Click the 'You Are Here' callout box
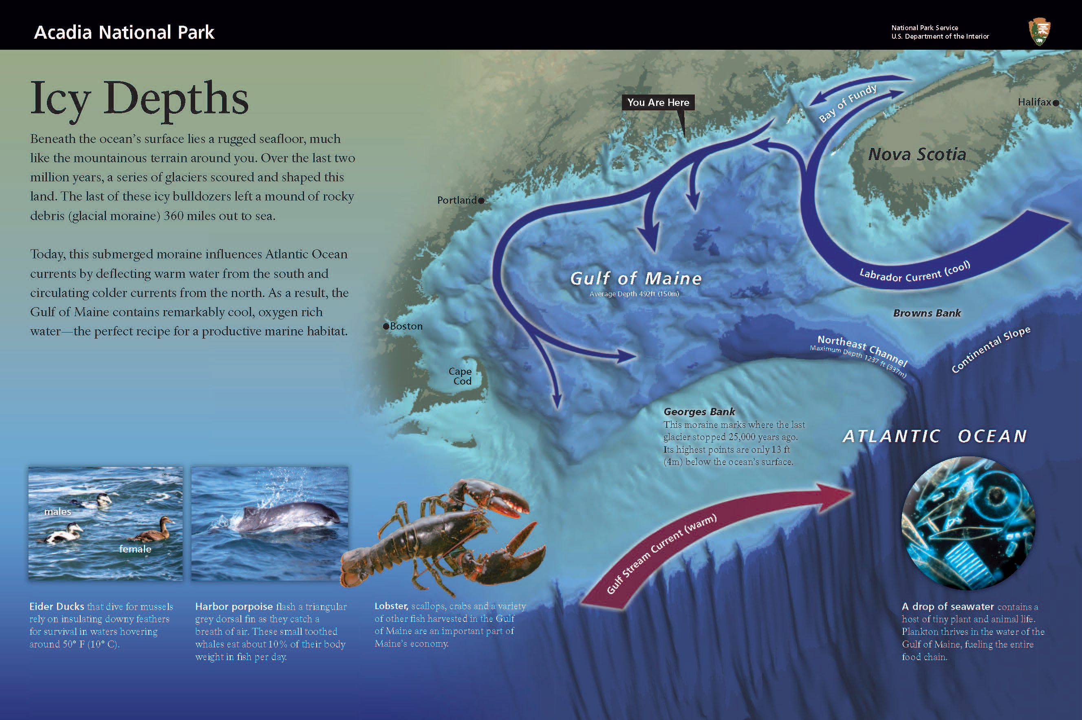[x=658, y=102]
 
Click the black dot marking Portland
[x=481, y=200]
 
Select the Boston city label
[x=405, y=326]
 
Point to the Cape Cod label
[x=460, y=376]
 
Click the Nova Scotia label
[x=917, y=154]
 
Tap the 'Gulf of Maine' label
[x=636, y=278]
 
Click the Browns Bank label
[x=926, y=313]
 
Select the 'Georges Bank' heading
[x=699, y=412]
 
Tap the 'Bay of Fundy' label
[x=847, y=103]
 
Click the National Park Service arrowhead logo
[x=1039, y=31]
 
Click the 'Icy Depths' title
[x=139, y=99]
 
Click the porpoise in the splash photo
[x=289, y=517]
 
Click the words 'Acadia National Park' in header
[x=124, y=32]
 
